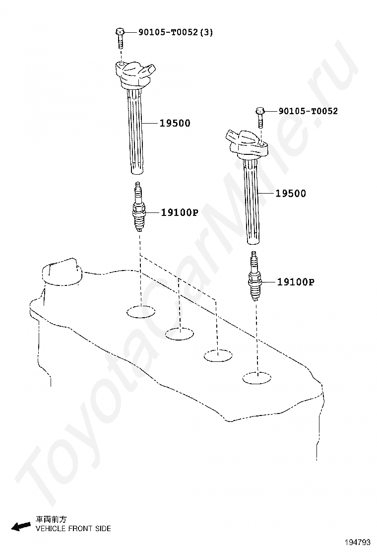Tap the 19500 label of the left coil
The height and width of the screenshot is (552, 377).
[175, 123]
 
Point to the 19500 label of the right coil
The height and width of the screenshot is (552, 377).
[291, 194]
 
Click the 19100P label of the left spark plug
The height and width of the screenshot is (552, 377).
[179, 213]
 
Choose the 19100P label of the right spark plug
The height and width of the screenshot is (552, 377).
[296, 282]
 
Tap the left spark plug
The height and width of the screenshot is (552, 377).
[139, 208]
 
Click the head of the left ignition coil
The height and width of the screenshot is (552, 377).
[135, 72]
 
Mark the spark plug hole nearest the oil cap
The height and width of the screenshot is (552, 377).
[141, 312]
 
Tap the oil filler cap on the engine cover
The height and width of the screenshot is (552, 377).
[61, 272]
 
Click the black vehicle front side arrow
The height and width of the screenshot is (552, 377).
[21, 526]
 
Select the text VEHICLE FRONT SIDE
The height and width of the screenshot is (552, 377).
[73, 529]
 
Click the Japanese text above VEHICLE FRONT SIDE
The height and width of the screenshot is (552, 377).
[51, 519]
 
